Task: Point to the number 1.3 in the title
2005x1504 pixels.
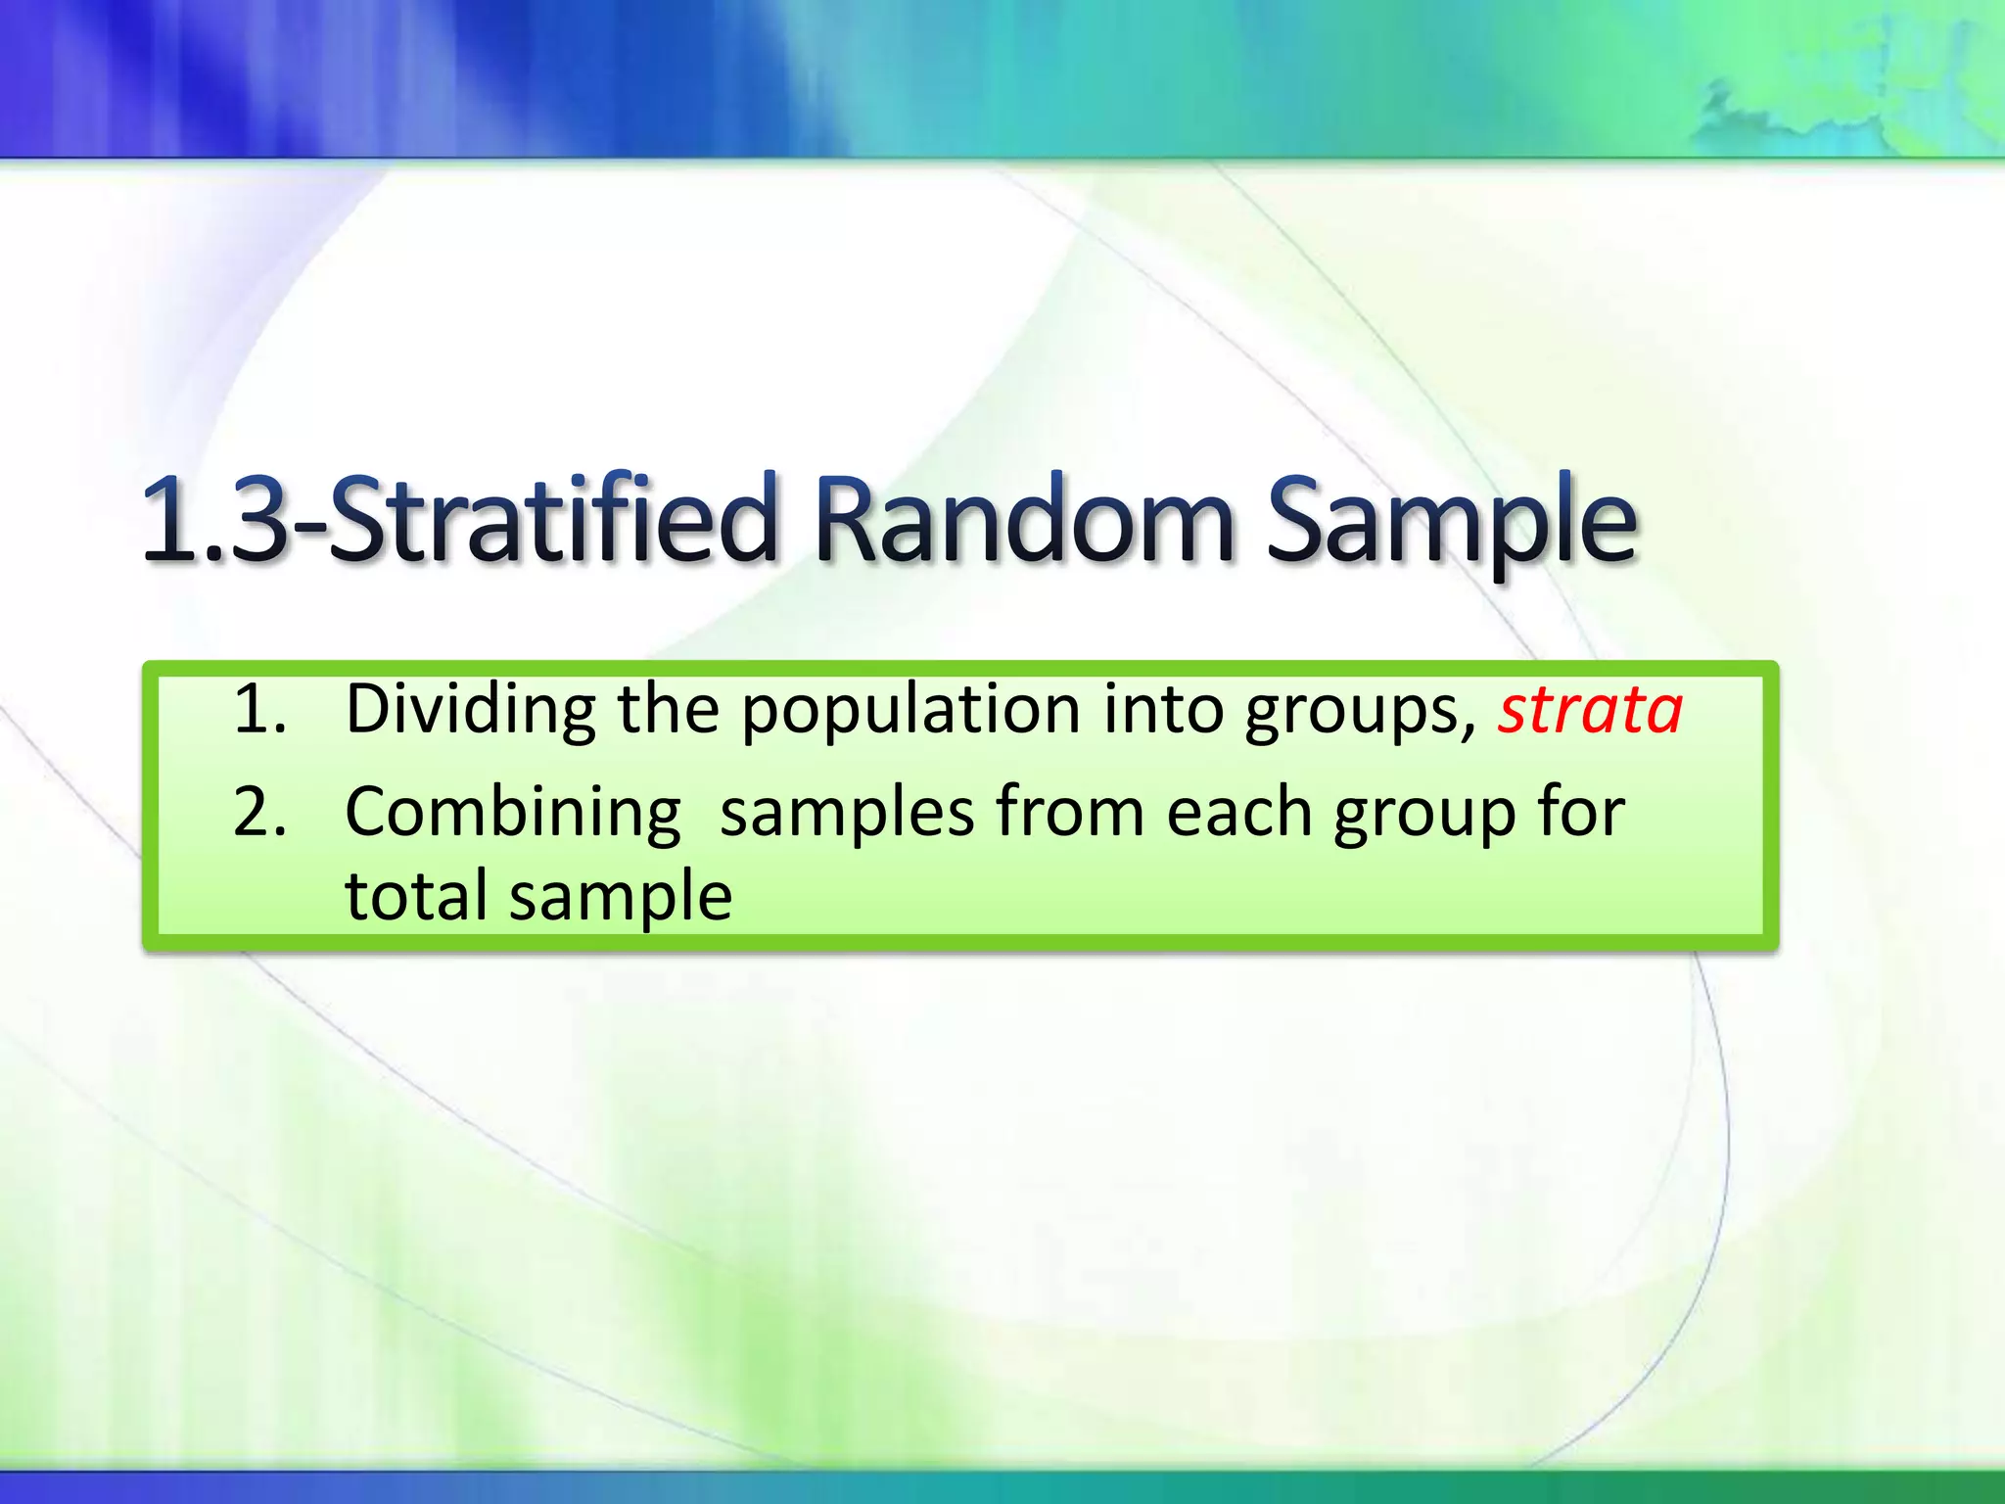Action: pos(215,519)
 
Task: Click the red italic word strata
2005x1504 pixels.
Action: pos(1590,709)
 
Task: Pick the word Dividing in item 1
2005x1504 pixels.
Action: pos(470,709)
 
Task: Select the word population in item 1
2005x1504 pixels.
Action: pos(910,711)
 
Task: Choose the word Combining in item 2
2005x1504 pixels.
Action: pos(512,813)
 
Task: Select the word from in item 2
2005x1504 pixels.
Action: pos(1070,813)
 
